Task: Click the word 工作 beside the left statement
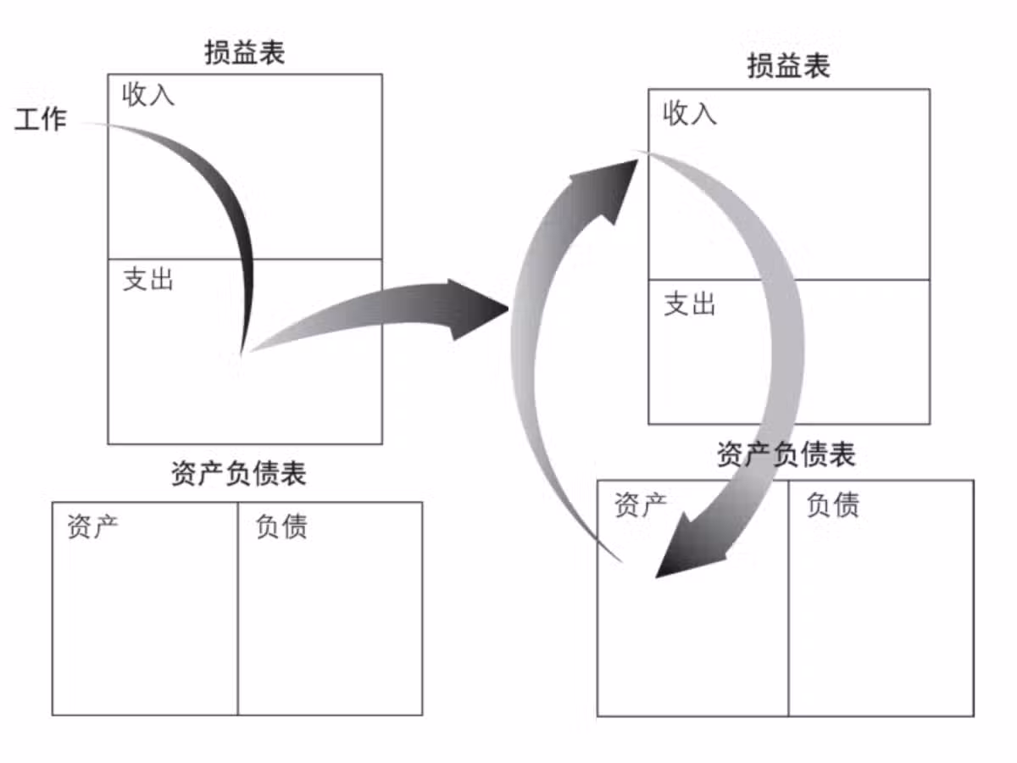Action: (x=41, y=120)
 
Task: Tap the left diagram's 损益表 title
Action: (x=245, y=53)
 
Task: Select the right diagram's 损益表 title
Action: (x=788, y=66)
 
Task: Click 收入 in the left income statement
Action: (x=148, y=94)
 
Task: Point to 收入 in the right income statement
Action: (x=690, y=113)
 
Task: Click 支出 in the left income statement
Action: (x=148, y=279)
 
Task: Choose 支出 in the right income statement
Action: (x=690, y=304)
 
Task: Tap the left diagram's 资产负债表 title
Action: (x=238, y=474)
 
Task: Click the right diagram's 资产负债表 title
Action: (x=786, y=455)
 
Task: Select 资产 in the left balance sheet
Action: (x=93, y=526)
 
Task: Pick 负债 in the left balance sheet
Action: (x=281, y=526)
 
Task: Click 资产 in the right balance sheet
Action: (x=641, y=504)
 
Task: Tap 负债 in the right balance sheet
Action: (x=833, y=504)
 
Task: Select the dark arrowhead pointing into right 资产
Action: (x=686, y=555)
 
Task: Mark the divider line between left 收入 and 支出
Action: (x=322, y=259)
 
